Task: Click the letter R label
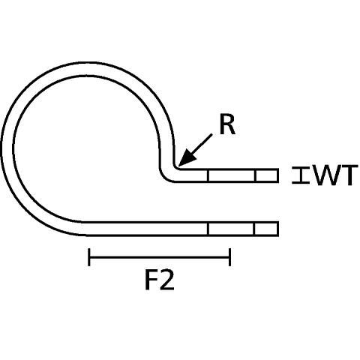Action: pos(227,125)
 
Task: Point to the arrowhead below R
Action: pos(186,159)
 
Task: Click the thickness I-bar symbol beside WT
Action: pos(301,175)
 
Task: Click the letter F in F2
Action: pos(151,280)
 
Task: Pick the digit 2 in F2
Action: pos(166,280)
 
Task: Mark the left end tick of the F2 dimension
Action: pos(89,257)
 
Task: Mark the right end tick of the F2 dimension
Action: pos(229,257)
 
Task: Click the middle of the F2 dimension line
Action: pos(160,257)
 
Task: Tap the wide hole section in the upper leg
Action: pos(232,175)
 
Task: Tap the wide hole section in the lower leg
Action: pos(231,229)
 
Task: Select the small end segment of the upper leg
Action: pos(266,175)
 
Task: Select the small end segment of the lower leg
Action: pos(266,229)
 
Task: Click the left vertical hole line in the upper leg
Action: pos(208,175)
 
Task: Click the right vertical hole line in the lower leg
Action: pos(254,229)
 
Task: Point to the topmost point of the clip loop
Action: pos(90,62)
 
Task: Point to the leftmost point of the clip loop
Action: pos(2,148)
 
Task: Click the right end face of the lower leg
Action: pos(277,229)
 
